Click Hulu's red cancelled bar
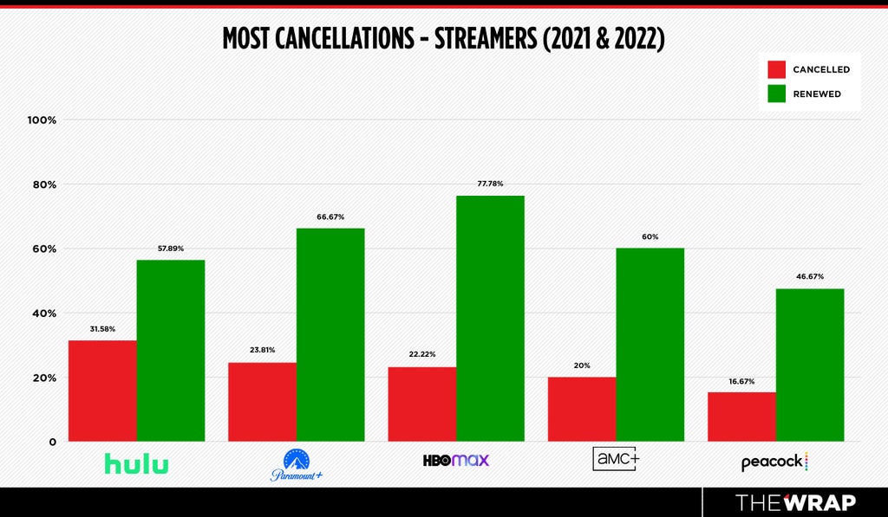coord(102,391)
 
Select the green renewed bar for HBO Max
coord(491,319)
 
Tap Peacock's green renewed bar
coord(810,365)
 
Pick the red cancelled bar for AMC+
coord(582,410)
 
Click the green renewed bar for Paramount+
coord(330,335)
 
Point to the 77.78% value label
coord(491,184)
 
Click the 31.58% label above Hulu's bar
coord(102,328)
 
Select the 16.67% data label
coord(742,381)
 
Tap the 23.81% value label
coord(262,350)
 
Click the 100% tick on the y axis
coord(42,120)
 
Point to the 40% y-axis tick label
coord(44,313)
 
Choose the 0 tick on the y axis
coord(53,442)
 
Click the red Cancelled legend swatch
coord(776,69)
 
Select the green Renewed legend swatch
coord(776,94)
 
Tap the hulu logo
coord(136,464)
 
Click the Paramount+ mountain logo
coord(297,464)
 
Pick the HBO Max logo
coord(456,461)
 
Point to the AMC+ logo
coord(616,459)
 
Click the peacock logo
coord(774,462)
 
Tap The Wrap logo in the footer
coord(795,502)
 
